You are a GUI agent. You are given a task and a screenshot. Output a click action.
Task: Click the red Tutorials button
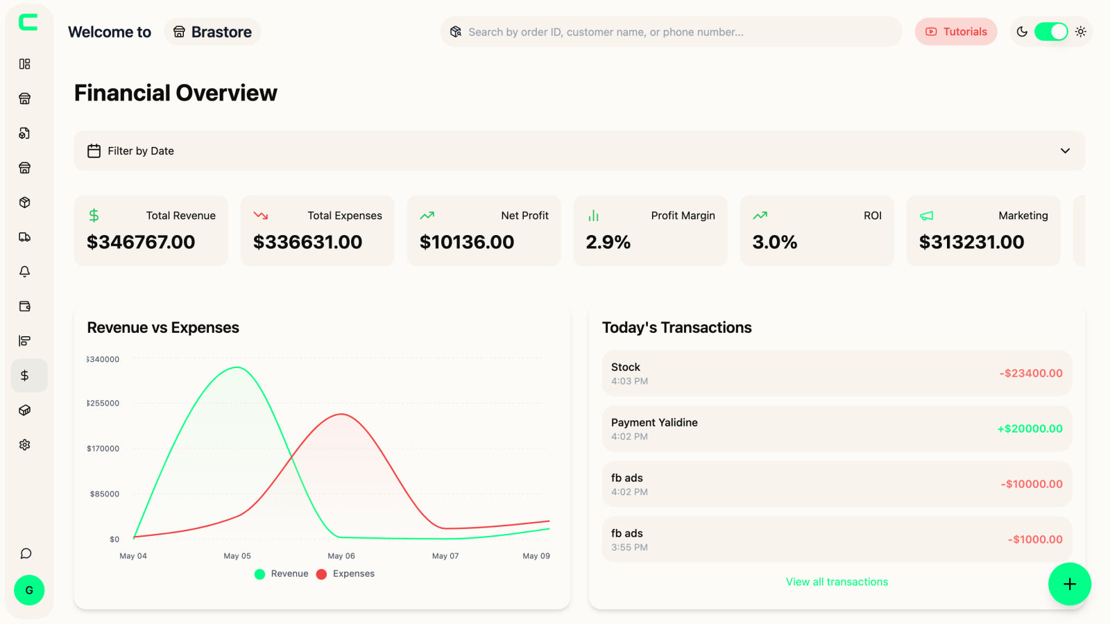coord(955,32)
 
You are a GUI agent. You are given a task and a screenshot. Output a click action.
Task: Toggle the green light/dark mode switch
coord(1050,32)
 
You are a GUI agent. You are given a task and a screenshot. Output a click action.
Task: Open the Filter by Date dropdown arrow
coord(1064,151)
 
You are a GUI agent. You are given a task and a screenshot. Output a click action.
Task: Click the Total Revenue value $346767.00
coord(141,242)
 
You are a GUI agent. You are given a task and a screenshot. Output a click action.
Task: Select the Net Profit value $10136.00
coord(466,242)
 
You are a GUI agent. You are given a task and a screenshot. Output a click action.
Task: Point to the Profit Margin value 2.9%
coord(608,242)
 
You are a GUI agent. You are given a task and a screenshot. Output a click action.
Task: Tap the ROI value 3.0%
coord(774,242)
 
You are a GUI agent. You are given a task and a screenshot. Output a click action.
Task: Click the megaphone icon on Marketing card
coord(926,216)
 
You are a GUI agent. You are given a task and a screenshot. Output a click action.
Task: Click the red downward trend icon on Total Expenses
coord(260,216)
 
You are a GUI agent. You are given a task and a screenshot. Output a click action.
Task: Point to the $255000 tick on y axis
coord(103,404)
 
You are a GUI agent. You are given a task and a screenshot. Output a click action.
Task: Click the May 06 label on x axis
coord(341,556)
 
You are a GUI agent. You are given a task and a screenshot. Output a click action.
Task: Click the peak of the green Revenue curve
coord(237,367)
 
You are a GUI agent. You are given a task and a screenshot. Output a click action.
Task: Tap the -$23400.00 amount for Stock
coord(1030,373)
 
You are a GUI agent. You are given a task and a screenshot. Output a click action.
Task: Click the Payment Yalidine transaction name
coord(654,422)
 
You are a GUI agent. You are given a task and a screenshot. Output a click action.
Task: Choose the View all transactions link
coord(836,582)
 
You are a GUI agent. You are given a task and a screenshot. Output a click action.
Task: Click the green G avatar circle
coord(29,590)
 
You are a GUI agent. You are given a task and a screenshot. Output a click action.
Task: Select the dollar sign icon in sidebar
coord(25,376)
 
